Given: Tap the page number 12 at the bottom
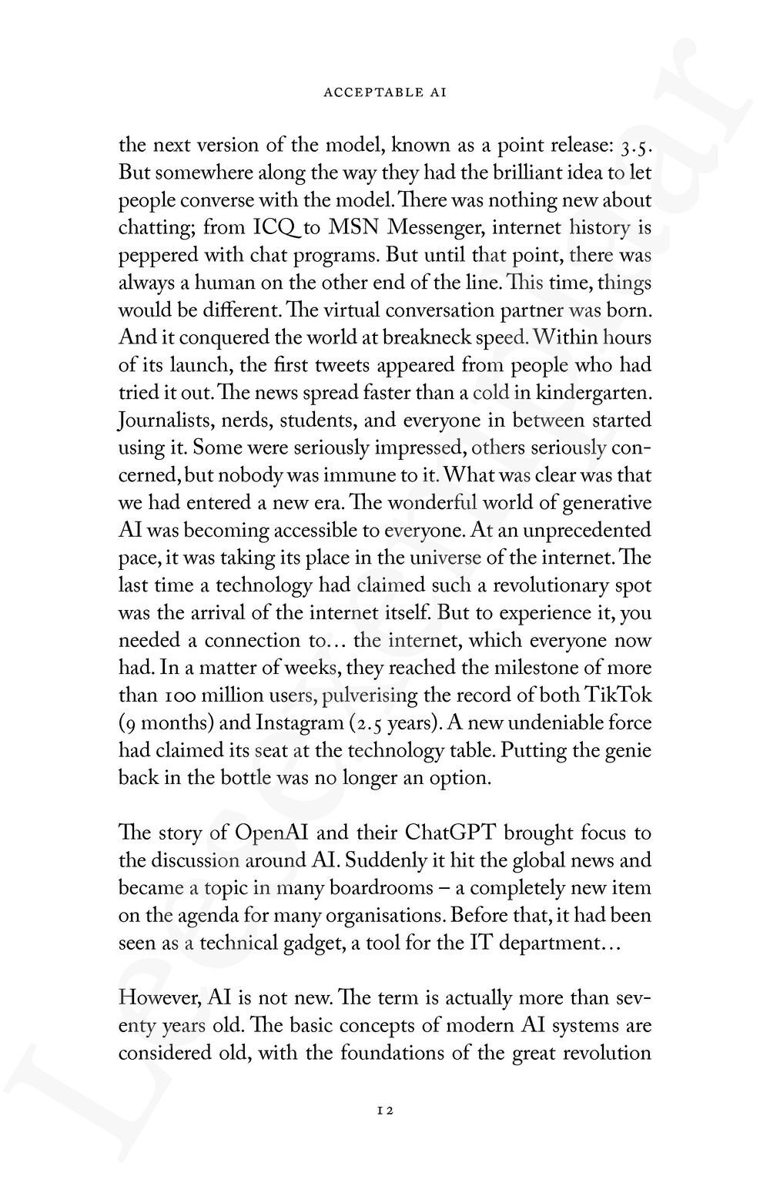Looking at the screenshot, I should (385, 1111).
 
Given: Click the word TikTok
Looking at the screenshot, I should (614, 695).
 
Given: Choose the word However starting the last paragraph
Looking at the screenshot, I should (158, 998).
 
